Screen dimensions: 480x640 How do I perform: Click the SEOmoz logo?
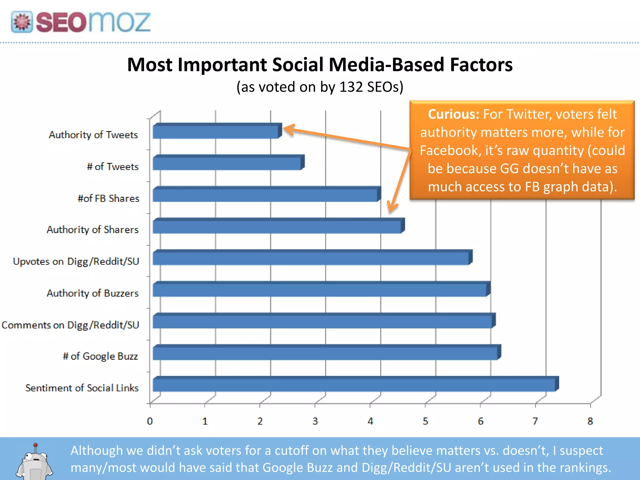tap(81, 22)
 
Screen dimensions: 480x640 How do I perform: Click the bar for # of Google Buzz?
tap(325, 353)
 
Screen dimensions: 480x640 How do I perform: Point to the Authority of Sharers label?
tap(92, 230)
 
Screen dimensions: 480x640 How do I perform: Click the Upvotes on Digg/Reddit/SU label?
tap(76, 261)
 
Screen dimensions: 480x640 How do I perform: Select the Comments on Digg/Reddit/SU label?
tap(70, 325)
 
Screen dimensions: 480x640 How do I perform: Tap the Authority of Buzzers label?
tap(92, 293)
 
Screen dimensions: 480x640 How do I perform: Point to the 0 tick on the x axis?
tap(150, 421)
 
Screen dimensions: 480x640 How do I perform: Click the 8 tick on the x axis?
tap(590, 421)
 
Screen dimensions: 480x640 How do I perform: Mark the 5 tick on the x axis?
tap(425, 421)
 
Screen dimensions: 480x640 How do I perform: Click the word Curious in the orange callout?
tap(453, 114)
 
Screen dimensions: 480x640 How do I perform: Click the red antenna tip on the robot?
tap(36, 445)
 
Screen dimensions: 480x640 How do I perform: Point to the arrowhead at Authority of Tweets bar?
tap(287, 129)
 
